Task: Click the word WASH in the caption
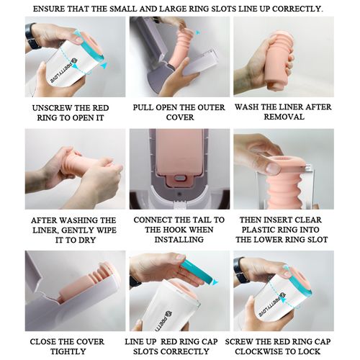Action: (x=246, y=107)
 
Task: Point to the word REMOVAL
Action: (x=284, y=117)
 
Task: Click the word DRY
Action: (x=87, y=240)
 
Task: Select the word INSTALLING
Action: (x=179, y=240)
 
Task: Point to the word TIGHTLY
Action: (x=68, y=351)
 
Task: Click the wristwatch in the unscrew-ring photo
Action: (x=32, y=36)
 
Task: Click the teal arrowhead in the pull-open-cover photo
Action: (x=197, y=32)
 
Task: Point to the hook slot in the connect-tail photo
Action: (x=179, y=178)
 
